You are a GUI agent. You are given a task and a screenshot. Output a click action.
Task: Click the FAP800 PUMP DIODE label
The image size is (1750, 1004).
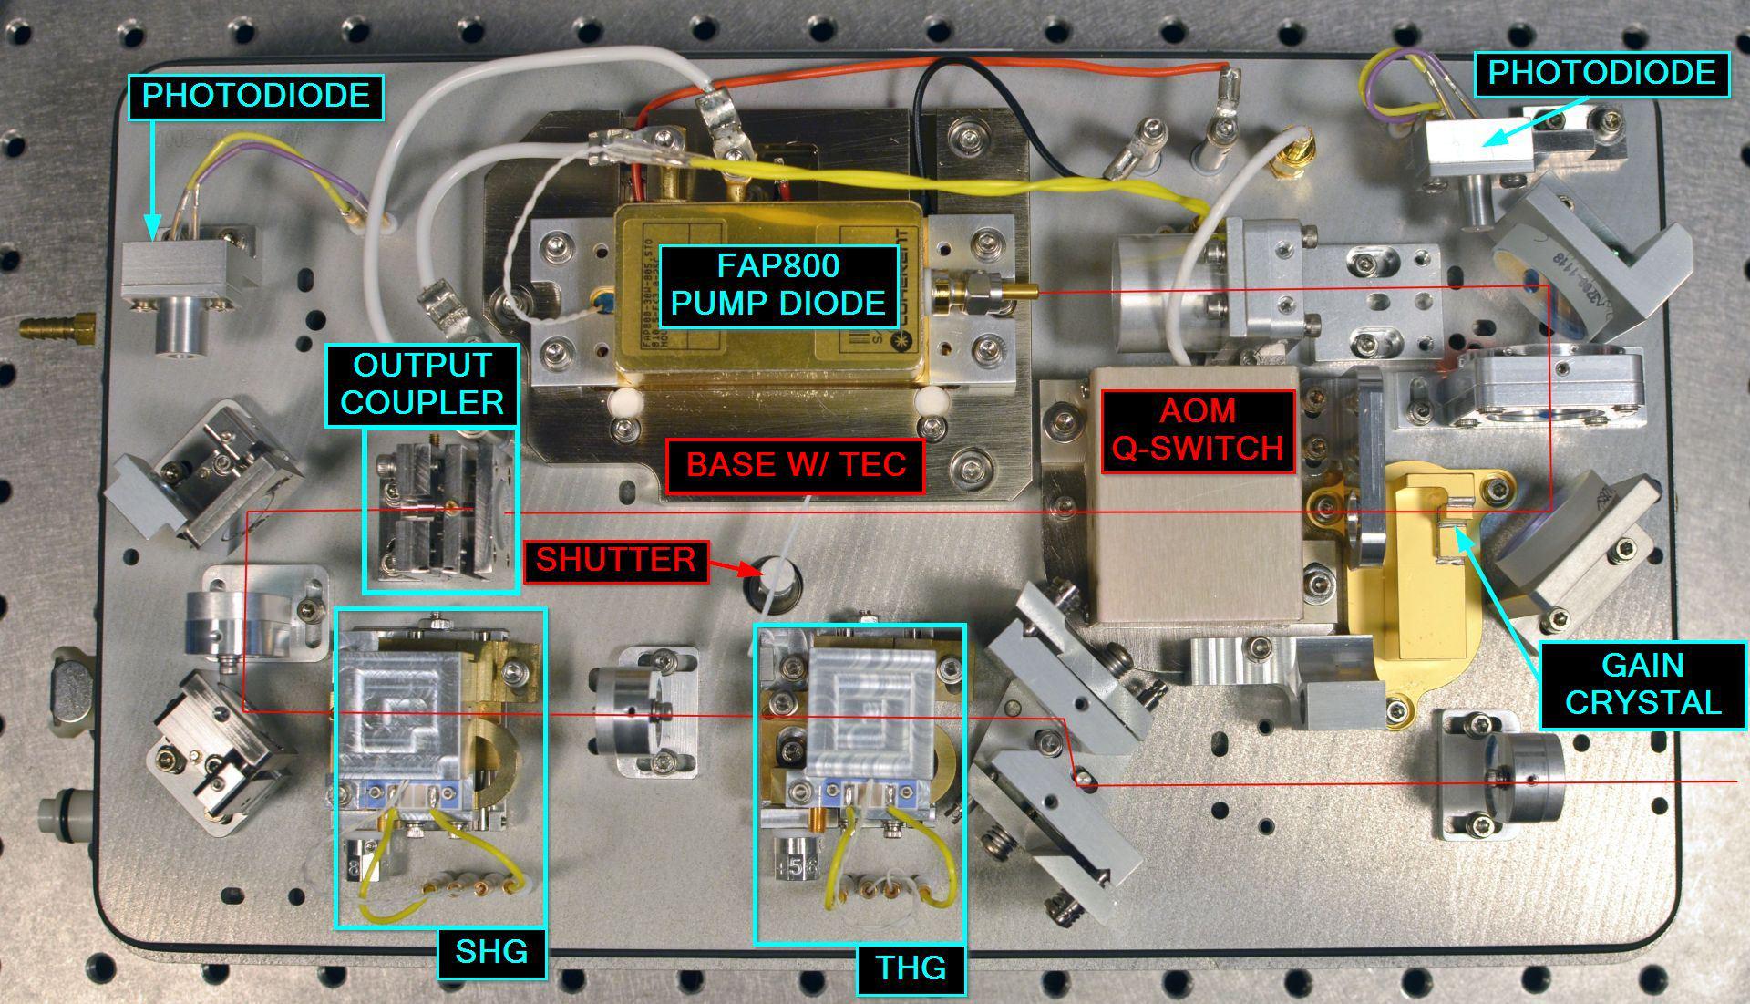[777, 284]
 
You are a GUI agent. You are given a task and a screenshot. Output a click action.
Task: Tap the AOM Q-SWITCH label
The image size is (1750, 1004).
[1197, 430]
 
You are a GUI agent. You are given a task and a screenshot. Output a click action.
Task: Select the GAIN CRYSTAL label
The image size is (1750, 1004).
[1642, 684]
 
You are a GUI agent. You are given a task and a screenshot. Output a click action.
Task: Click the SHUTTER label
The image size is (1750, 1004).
[615, 559]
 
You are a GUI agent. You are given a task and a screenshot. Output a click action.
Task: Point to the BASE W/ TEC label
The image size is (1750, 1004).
[796, 464]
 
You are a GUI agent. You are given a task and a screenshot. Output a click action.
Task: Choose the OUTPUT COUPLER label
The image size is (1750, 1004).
[422, 384]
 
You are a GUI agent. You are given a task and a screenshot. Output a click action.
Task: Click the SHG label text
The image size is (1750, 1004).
[491, 952]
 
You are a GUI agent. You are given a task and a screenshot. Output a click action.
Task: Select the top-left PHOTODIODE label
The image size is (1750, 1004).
[256, 97]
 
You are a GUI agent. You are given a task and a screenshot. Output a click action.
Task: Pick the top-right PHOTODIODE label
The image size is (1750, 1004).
[1601, 73]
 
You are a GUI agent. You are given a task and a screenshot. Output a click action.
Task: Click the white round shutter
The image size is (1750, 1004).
[777, 574]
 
